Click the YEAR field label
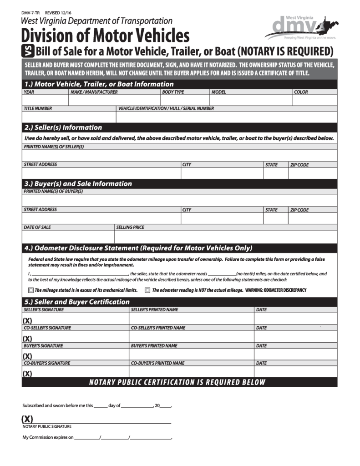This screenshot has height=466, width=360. pyautogui.click(x=29, y=92)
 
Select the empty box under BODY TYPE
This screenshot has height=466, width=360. pyautogui.click(x=184, y=100)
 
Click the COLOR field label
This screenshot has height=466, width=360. pyautogui.click(x=301, y=92)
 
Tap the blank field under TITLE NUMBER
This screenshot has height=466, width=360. pyautogui.click(x=69, y=117)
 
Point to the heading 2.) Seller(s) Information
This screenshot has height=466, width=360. pyautogui.click(x=63, y=127)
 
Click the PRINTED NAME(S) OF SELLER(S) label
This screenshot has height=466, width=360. pyautogui.click(x=54, y=147)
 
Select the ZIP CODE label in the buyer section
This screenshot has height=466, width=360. pyautogui.click(x=299, y=210)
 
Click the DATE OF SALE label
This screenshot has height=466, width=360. pyautogui.click(x=37, y=227)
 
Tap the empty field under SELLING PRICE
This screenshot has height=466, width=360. pyautogui.click(x=226, y=237)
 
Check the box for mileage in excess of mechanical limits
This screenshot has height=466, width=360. pyautogui.click(x=31, y=290)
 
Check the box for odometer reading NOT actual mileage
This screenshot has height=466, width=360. pyautogui.click(x=147, y=290)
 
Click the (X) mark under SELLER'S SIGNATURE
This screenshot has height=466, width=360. pyautogui.click(x=27, y=321)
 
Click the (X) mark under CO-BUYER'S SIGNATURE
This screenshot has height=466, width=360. pyautogui.click(x=27, y=374)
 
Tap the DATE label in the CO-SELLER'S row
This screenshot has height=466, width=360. pyautogui.click(x=261, y=328)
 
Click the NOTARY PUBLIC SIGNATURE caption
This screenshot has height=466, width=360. pyautogui.click(x=47, y=426)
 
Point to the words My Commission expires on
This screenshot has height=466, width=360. pyautogui.click(x=48, y=437)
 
